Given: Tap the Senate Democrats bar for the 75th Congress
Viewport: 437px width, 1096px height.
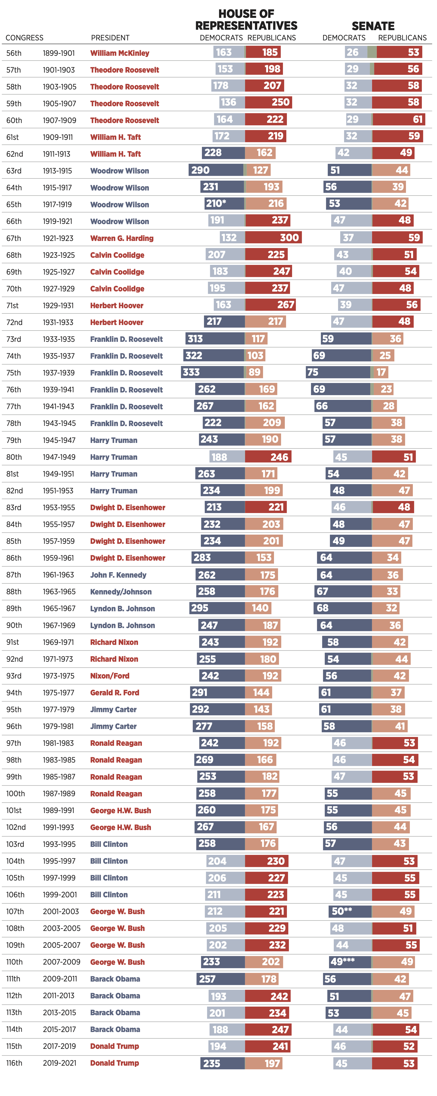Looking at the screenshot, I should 338,372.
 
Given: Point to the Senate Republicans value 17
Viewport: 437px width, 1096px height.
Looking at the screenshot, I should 381,372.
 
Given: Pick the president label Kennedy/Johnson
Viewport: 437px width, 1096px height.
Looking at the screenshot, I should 121,592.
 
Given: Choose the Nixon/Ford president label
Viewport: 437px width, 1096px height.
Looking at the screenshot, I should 110,676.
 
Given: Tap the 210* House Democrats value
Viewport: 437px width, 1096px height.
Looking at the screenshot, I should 216,203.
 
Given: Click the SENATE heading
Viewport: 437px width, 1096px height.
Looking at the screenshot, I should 373,26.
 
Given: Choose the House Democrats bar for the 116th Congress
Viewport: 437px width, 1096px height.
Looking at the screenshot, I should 222,1063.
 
